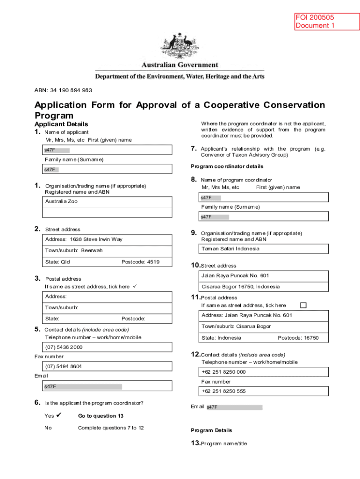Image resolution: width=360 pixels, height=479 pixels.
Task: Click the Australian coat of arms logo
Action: (180, 46)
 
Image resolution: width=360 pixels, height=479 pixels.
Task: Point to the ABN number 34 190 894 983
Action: (63, 90)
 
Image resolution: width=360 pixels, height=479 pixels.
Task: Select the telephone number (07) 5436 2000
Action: (64, 347)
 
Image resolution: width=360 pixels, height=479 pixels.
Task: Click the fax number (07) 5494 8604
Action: (64, 366)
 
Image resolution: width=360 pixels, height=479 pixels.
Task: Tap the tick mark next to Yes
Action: (59, 415)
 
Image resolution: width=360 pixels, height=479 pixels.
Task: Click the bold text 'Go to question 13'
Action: (101, 416)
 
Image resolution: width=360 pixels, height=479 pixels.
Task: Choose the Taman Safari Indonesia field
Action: (230, 249)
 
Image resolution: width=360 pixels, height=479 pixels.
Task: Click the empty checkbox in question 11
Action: (303, 305)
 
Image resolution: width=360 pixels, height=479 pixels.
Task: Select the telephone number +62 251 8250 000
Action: (223, 372)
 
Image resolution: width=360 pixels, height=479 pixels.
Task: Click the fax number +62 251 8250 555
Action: (223, 391)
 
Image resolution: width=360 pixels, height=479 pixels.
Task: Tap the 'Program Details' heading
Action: (211, 430)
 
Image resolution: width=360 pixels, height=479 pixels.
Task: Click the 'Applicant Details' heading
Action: (61, 124)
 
